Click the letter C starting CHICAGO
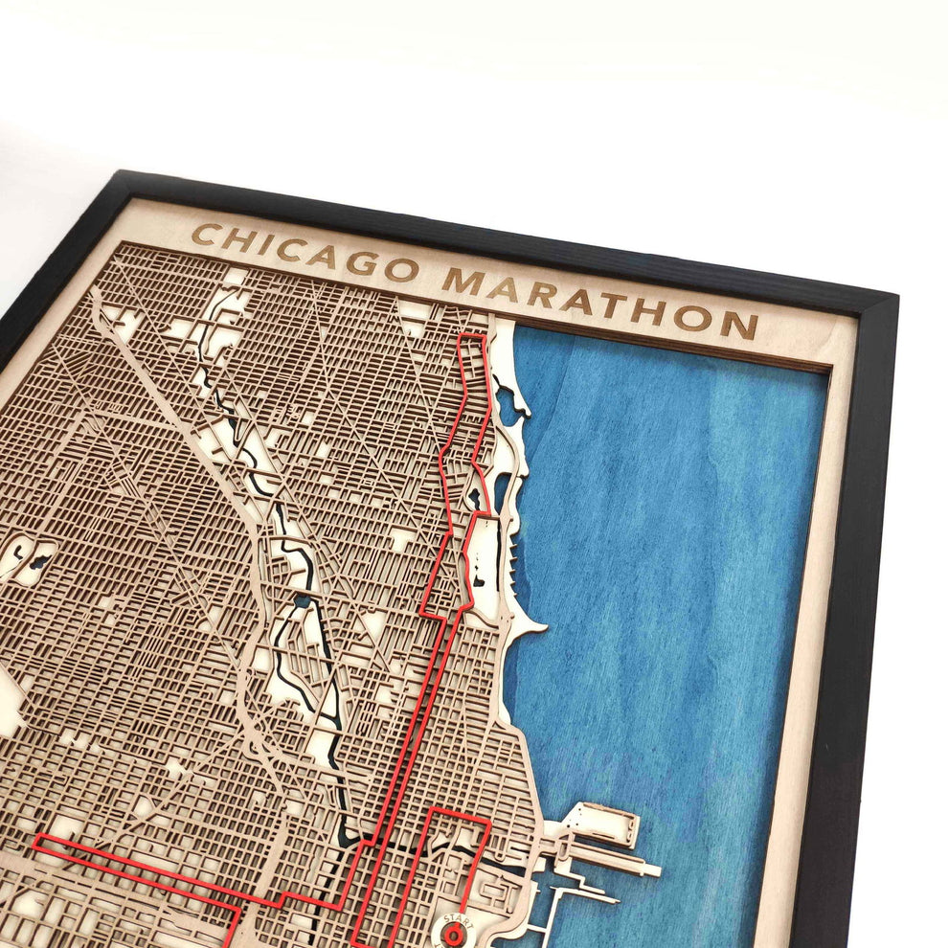click(x=203, y=235)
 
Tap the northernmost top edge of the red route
click(x=471, y=335)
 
